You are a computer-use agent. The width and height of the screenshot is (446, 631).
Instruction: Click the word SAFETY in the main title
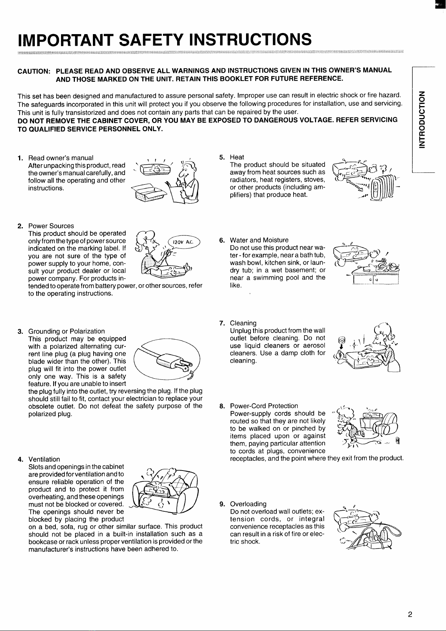(151, 39)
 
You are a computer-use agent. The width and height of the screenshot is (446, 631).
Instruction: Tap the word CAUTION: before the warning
(34, 71)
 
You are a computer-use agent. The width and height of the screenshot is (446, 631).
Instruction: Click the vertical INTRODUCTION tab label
(422, 119)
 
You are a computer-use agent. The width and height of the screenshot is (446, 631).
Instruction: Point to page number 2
(410, 614)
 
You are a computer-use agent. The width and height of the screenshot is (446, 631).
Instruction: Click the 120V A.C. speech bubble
(184, 242)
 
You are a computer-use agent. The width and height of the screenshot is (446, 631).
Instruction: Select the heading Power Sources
(51, 226)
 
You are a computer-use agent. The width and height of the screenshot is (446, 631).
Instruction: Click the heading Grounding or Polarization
(66, 331)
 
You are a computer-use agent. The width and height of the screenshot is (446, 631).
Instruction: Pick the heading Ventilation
(44, 459)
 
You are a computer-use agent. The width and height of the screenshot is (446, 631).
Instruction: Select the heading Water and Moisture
(259, 240)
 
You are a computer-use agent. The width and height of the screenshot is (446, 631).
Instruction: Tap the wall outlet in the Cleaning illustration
(341, 340)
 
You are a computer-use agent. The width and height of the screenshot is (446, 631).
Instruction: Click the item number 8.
(222, 406)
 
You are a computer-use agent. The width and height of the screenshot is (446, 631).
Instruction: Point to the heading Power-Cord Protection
(264, 406)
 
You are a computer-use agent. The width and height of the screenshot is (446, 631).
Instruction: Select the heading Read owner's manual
(61, 158)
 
